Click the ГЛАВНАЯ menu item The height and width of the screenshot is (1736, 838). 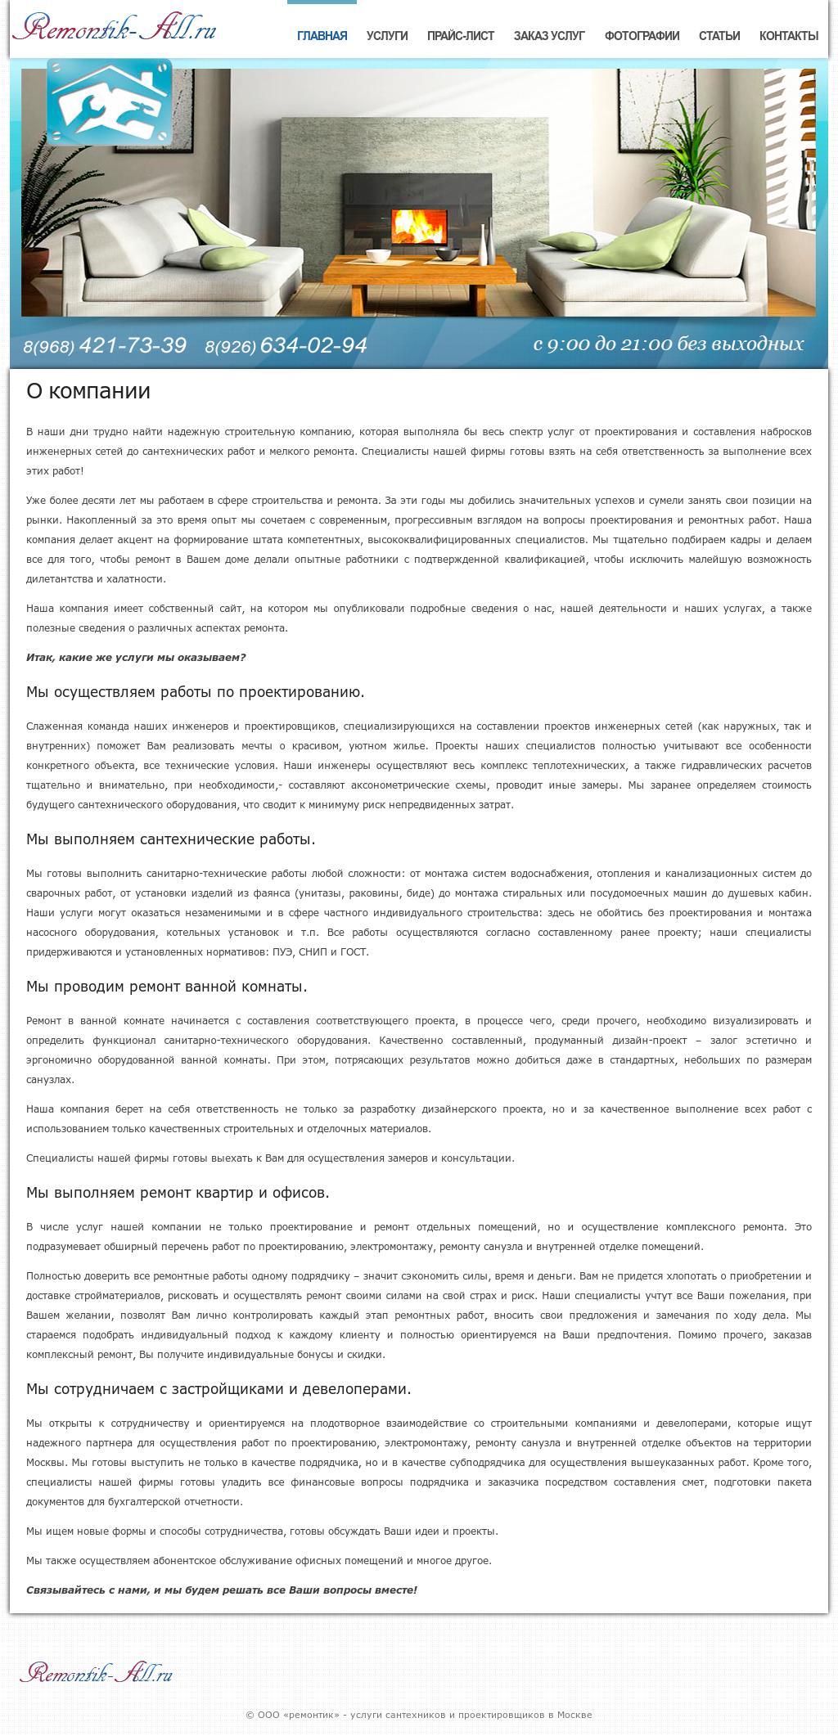(x=322, y=36)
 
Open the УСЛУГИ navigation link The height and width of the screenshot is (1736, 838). (x=387, y=36)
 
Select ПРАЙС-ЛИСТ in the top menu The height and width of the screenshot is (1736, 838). (x=461, y=36)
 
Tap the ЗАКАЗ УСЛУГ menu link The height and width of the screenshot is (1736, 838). (x=549, y=36)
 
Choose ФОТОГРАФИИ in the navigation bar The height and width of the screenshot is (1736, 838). (x=642, y=36)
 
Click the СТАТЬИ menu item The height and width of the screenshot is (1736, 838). (x=719, y=36)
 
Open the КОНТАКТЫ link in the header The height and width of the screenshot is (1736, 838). (x=788, y=36)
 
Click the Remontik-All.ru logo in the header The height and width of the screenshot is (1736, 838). (x=115, y=29)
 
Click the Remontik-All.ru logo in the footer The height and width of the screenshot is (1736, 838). (x=97, y=1672)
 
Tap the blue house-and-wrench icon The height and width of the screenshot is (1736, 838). (x=110, y=102)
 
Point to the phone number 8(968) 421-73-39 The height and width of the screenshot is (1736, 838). (x=105, y=346)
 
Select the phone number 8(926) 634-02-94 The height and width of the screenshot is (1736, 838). (x=286, y=346)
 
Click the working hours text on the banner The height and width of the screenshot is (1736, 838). (x=668, y=344)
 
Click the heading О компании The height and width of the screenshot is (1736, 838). (x=88, y=391)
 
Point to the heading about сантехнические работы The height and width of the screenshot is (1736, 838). (x=170, y=839)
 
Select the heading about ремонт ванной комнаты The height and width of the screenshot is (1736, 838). (x=167, y=987)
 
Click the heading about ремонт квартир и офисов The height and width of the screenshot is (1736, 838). (x=178, y=1193)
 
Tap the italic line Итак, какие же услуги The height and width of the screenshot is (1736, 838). (x=136, y=658)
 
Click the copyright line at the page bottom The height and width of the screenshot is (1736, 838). (x=419, y=1715)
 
